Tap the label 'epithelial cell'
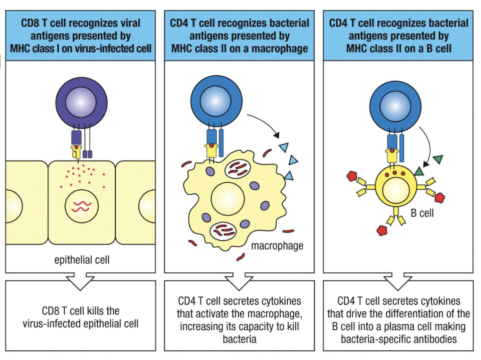pyautogui.click(x=82, y=260)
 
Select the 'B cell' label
pyautogui.click(x=422, y=213)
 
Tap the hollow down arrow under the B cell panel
pyautogui.click(x=399, y=282)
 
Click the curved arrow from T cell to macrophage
pyautogui.click(x=263, y=119)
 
